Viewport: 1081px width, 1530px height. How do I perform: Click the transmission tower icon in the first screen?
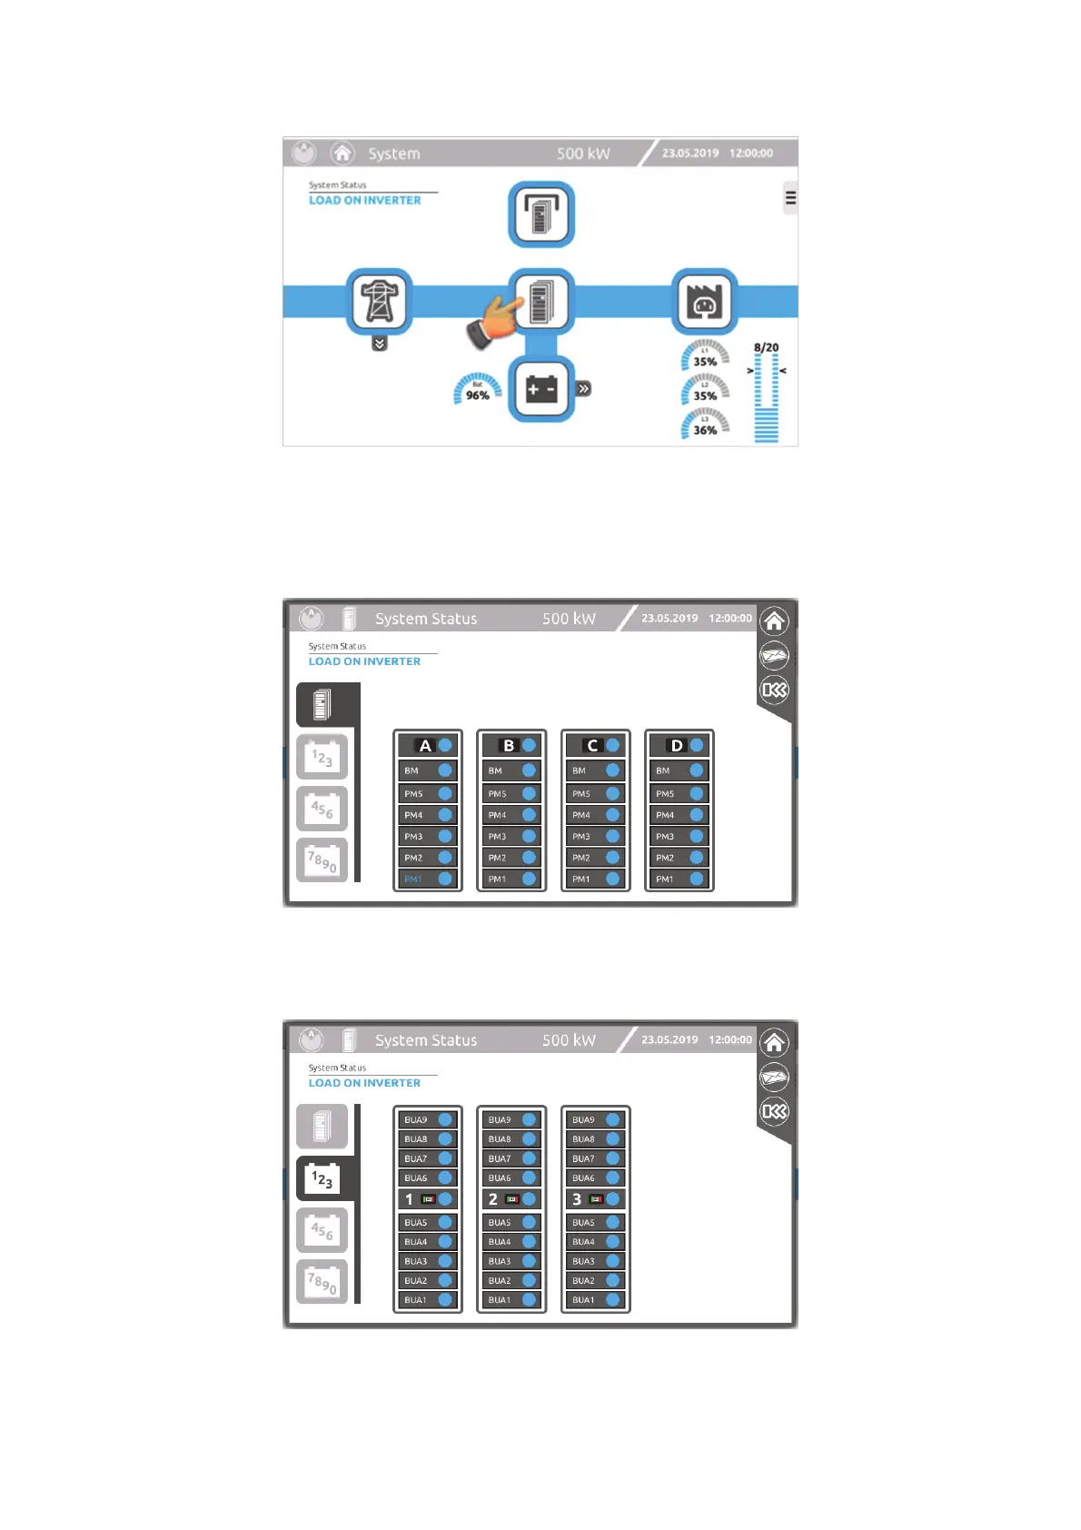tap(380, 301)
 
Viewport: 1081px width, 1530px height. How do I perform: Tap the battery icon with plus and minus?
tap(541, 389)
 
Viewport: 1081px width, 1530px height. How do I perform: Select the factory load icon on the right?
tap(704, 301)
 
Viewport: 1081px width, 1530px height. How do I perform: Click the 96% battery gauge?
tap(478, 389)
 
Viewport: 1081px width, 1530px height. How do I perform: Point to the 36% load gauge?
tap(705, 424)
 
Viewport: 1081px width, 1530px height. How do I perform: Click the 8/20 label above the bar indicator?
tap(766, 347)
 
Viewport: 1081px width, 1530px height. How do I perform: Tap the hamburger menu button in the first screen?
tap(790, 198)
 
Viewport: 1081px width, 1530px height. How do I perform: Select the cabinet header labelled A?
tap(428, 745)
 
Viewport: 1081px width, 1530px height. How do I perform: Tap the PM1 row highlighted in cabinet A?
tap(428, 879)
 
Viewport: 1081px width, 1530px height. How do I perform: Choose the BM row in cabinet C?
tap(596, 770)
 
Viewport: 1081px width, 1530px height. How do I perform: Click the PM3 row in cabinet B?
tap(511, 836)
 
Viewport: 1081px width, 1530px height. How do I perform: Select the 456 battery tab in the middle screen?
tap(322, 809)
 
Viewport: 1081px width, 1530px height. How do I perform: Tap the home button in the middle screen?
tap(774, 621)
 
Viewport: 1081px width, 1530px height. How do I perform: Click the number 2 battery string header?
tap(511, 1199)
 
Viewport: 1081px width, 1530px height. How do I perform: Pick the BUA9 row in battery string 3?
tap(596, 1120)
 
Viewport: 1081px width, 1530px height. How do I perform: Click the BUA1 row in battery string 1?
tap(428, 1300)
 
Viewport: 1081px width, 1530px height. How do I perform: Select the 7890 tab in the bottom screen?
tap(322, 1282)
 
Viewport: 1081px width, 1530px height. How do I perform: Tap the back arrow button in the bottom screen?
tap(774, 1111)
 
